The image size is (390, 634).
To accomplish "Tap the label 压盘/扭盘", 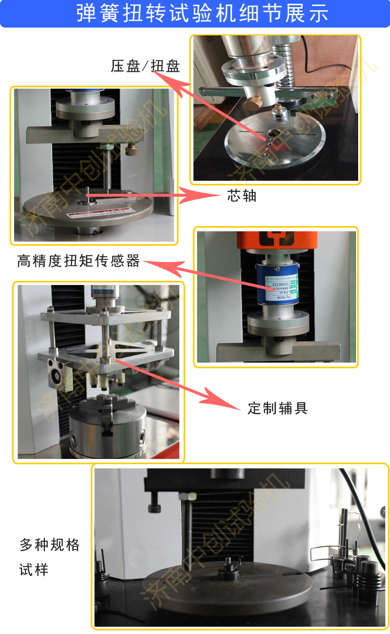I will tap(145, 66).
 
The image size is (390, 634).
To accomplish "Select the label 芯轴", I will tap(242, 196).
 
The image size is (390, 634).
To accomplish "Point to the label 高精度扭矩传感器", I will tap(79, 261).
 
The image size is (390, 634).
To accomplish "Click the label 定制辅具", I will tap(277, 408).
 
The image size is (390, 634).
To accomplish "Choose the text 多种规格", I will tap(50, 545).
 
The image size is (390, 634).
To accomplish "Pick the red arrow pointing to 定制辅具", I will tap(177, 383).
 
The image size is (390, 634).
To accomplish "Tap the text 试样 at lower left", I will tap(34, 570).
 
